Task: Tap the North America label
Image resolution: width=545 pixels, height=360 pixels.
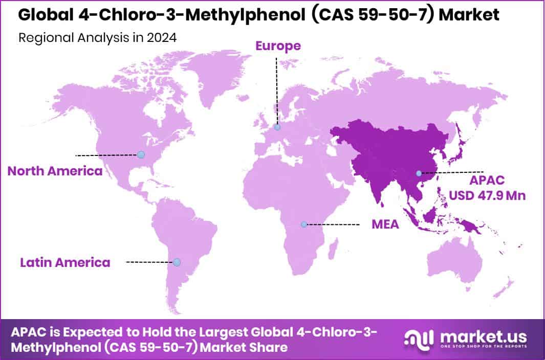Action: (x=55, y=171)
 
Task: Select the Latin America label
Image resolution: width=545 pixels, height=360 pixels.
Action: (x=65, y=262)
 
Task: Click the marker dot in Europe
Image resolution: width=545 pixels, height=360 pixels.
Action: (x=277, y=127)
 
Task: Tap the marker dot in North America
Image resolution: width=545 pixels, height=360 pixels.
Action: (x=141, y=154)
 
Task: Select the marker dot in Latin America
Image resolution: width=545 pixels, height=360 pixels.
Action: (x=177, y=262)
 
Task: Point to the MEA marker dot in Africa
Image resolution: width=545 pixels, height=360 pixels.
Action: (x=303, y=224)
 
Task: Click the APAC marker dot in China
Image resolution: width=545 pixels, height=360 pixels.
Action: (x=419, y=173)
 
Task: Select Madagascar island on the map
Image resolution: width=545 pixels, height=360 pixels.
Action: (x=333, y=252)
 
